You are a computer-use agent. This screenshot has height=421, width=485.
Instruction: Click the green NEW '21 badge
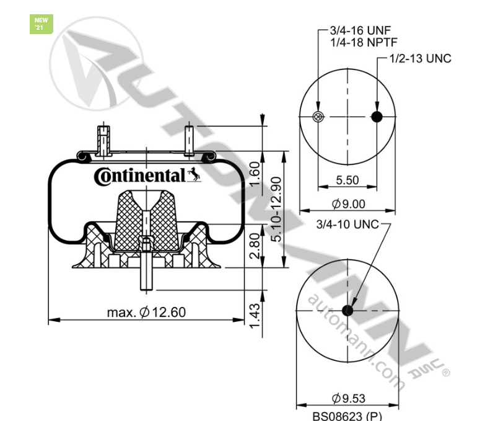[41, 24]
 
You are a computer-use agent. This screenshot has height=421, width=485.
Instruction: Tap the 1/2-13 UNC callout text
[420, 59]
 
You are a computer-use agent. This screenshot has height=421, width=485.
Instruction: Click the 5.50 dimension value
[347, 180]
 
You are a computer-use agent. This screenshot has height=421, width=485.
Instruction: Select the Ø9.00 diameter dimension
[348, 203]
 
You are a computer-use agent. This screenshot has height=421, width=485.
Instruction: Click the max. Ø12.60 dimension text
[146, 312]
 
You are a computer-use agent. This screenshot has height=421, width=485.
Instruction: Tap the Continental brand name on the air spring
[139, 176]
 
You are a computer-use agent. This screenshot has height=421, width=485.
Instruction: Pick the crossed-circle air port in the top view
[318, 117]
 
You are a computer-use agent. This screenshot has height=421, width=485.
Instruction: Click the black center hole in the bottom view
[347, 310]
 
